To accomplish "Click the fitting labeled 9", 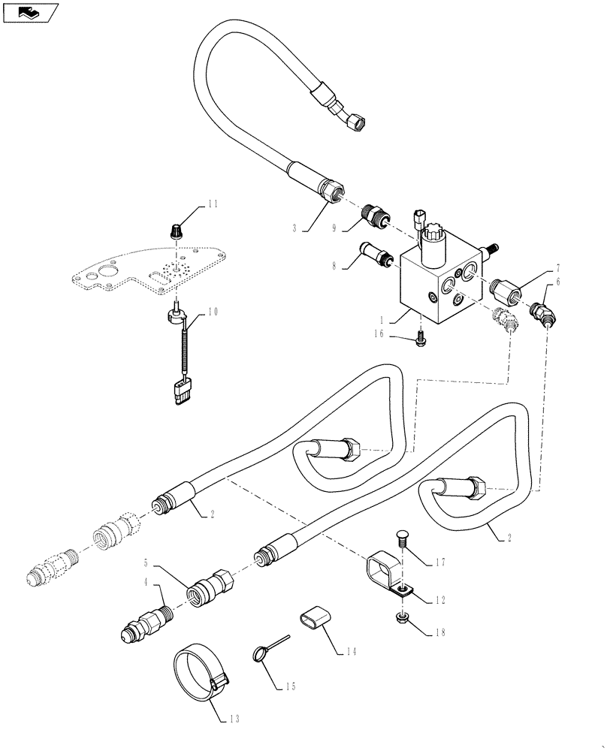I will click(x=373, y=214).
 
